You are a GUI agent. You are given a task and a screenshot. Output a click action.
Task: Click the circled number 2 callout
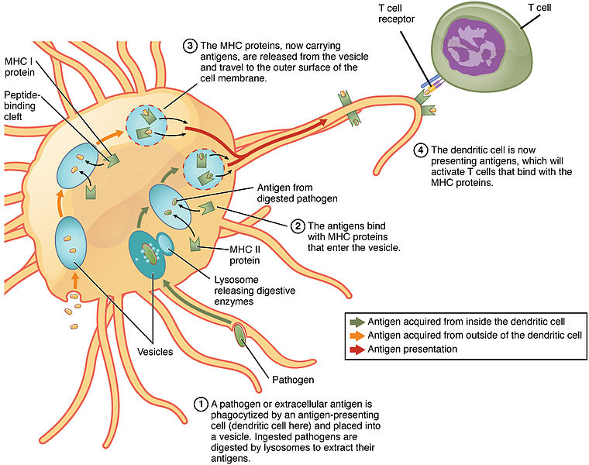[x=297, y=227]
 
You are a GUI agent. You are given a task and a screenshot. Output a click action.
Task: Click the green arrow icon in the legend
[x=358, y=322]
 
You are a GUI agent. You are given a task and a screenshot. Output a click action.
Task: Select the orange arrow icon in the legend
[x=358, y=335]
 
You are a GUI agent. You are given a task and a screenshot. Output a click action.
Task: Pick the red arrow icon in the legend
[x=358, y=349]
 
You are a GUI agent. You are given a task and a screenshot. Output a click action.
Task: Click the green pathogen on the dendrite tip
[x=240, y=334]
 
